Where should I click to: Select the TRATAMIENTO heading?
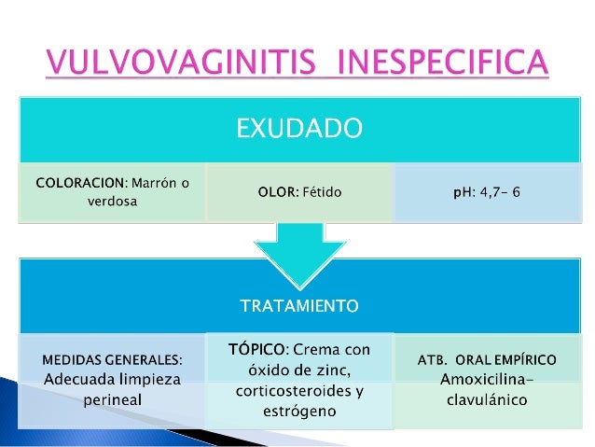298,305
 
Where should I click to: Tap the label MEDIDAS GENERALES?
112,358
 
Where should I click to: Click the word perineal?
112,401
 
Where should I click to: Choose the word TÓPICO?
256,349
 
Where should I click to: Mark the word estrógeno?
298,411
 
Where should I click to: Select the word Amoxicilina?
484,380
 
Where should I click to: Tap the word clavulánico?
485,400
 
